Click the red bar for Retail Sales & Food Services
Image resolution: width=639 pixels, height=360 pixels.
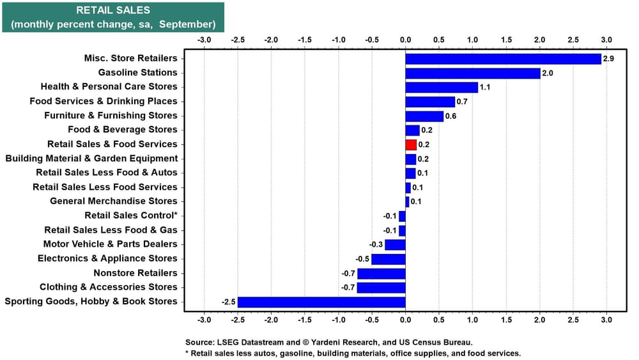(x=411, y=145)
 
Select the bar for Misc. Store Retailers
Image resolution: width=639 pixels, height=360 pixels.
(x=503, y=59)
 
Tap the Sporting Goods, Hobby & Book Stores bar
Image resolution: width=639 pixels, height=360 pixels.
(x=321, y=302)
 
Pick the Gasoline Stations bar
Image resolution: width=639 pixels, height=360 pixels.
(x=473, y=73)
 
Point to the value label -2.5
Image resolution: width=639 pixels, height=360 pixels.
(x=228, y=302)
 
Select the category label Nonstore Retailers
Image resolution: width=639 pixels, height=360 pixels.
(x=135, y=273)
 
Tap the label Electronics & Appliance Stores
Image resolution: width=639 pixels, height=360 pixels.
(x=107, y=258)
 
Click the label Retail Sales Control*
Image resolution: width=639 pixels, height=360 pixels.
(x=131, y=215)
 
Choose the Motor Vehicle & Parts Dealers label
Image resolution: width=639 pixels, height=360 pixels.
(x=110, y=244)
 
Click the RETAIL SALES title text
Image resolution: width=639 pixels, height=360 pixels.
(x=113, y=10)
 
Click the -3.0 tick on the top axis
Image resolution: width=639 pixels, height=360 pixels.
(x=204, y=40)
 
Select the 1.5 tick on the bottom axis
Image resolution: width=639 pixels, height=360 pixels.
(x=506, y=319)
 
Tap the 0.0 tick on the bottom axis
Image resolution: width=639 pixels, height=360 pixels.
(x=405, y=319)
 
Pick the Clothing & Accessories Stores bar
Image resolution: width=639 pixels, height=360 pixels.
(x=381, y=287)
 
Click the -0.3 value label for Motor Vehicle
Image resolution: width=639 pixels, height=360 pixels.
(x=376, y=244)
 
